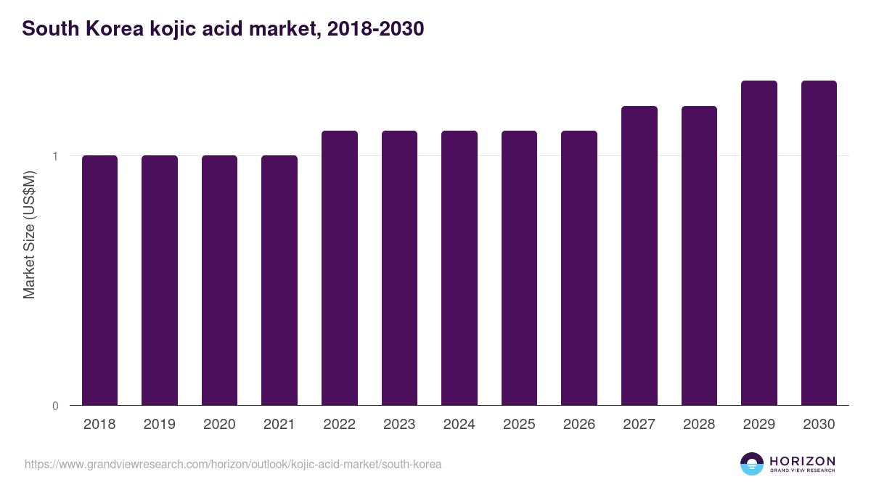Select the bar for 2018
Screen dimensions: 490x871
(x=99, y=280)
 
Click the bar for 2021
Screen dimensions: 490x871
(x=279, y=280)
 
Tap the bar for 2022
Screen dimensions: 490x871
(x=340, y=268)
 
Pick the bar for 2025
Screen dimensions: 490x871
(x=519, y=268)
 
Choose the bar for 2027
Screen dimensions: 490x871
(x=639, y=256)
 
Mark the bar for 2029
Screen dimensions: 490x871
(x=759, y=242)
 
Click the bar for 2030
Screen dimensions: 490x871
(x=819, y=242)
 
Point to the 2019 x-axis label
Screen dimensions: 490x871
(x=160, y=425)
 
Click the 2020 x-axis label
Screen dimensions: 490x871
(x=219, y=425)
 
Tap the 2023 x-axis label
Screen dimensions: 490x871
(x=399, y=425)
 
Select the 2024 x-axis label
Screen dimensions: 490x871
(x=459, y=425)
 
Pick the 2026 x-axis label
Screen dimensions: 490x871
(x=579, y=425)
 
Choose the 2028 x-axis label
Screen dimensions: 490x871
(x=699, y=425)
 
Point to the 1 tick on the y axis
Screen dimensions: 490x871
(x=54, y=156)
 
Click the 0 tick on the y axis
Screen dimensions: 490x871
(x=55, y=406)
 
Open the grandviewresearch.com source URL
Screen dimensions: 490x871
(x=233, y=464)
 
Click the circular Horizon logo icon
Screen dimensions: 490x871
(x=752, y=464)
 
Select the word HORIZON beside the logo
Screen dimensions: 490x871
(x=802, y=461)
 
